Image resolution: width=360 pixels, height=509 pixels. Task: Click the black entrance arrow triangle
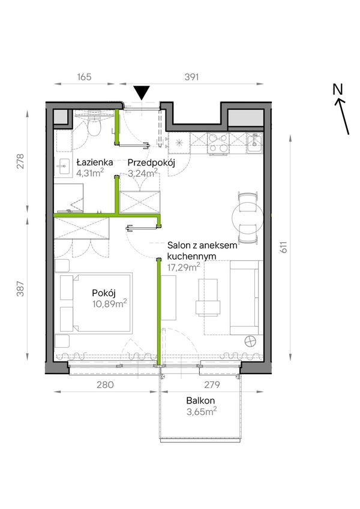click(x=142, y=92)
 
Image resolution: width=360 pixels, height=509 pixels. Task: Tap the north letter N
click(x=338, y=89)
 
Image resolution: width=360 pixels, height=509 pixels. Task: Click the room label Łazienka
click(x=95, y=162)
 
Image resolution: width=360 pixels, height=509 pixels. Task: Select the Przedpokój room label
click(x=151, y=162)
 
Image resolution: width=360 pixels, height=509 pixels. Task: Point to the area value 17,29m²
click(x=184, y=267)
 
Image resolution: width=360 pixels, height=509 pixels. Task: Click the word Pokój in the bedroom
click(x=104, y=293)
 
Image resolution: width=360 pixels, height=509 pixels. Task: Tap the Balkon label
click(x=200, y=400)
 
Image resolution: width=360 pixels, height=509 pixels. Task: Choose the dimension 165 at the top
click(x=84, y=77)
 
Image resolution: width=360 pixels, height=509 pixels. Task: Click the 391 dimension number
click(x=191, y=77)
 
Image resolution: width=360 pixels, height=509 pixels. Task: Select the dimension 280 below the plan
click(x=105, y=385)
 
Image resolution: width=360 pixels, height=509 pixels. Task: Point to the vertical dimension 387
click(x=20, y=288)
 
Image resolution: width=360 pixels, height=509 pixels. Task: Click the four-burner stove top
click(x=218, y=143)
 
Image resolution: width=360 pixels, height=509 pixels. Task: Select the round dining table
click(x=248, y=218)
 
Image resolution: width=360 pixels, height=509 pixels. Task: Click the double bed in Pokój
click(x=95, y=303)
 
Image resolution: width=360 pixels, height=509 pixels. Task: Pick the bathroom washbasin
click(x=64, y=167)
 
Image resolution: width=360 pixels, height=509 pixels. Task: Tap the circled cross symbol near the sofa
click(x=250, y=342)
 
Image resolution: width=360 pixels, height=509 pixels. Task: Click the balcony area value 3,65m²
click(x=202, y=412)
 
